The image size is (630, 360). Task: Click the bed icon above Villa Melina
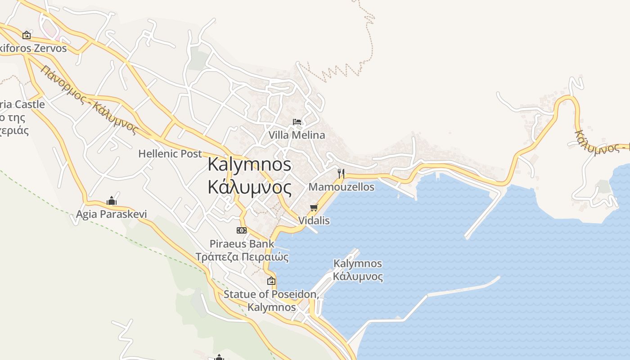point(297,121)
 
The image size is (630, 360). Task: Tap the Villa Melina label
point(297,135)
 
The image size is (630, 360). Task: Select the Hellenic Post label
point(170,153)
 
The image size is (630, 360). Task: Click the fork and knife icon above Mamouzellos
point(341,173)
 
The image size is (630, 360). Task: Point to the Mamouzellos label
point(342,187)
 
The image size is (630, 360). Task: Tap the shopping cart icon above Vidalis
point(314,207)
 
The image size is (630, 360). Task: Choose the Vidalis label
point(314,220)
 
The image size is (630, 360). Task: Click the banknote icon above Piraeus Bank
point(242,230)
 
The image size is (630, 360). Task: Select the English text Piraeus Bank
point(242,243)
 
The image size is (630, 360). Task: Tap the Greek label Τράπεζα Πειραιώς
point(242,257)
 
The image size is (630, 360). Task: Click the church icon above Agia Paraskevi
point(111,201)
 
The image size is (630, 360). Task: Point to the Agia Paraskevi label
point(111,214)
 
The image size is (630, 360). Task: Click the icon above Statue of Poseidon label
point(271,281)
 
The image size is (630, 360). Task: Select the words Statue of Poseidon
point(271,294)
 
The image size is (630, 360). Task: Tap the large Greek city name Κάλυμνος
point(249,186)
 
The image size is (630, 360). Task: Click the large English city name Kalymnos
point(249,164)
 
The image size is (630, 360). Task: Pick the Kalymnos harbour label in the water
point(358,270)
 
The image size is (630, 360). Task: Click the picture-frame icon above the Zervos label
point(27,35)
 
